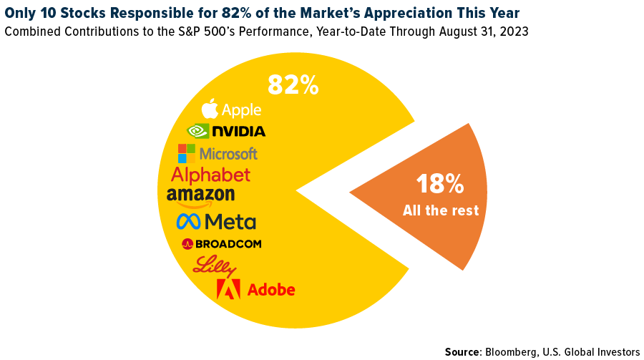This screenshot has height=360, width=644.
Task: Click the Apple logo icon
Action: (x=210, y=109)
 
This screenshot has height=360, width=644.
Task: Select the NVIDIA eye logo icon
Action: (x=197, y=131)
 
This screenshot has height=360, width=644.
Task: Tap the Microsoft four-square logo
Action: (x=187, y=153)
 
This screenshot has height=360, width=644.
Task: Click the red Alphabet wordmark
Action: (x=211, y=175)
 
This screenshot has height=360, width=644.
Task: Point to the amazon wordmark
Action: (x=200, y=195)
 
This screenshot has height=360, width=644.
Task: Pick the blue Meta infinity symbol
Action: (x=189, y=221)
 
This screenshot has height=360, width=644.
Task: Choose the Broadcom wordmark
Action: (x=228, y=244)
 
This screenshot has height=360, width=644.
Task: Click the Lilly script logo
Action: (x=215, y=266)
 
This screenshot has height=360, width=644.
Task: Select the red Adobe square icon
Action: (x=229, y=289)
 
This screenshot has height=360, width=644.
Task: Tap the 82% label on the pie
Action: (x=293, y=86)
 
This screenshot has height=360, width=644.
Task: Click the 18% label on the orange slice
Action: (x=440, y=184)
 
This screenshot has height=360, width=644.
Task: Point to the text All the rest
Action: (x=440, y=211)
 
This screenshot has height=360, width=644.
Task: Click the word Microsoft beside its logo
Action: (x=228, y=154)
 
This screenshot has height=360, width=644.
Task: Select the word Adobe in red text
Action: (x=270, y=290)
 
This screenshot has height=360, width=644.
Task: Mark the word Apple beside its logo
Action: (x=241, y=110)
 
